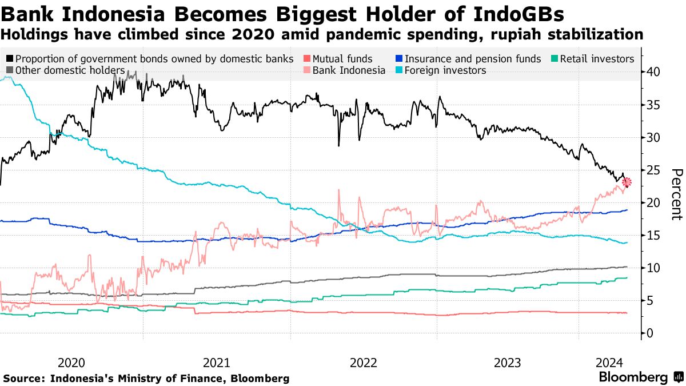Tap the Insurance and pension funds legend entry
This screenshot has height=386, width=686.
coord(472,59)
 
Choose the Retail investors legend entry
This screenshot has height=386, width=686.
coord(597,59)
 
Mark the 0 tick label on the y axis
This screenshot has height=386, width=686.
coord(651,333)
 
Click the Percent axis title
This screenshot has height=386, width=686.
coord(676,194)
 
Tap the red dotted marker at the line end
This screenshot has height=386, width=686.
coord(627,182)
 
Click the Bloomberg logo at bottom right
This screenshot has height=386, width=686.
coord(633,377)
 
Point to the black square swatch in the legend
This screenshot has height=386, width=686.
coord(10,59)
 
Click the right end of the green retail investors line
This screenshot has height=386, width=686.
coord(627,278)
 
